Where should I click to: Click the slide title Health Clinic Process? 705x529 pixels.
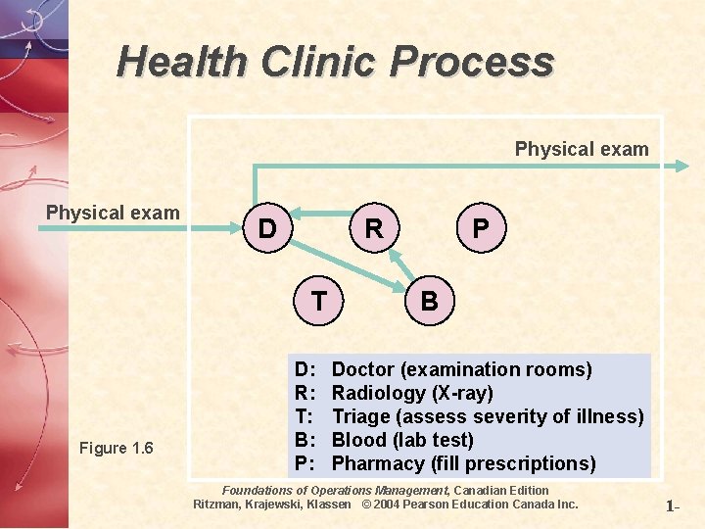pyautogui.click(x=335, y=62)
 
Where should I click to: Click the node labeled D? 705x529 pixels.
pyautogui.click(x=265, y=229)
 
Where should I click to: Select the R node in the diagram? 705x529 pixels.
pyautogui.click(x=373, y=229)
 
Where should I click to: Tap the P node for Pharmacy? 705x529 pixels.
pyautogui.click(x=480, y=229)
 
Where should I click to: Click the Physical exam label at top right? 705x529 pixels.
pyautogui.click(x=582, y=149)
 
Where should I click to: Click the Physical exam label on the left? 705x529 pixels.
pyautogui.click(x=113, y=213)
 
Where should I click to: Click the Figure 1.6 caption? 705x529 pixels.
pyautogui.click(x=117, y=449)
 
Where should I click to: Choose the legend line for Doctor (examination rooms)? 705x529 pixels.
pyautogui.click(x=461, y=369)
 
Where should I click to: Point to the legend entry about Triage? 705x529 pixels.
pyautogui.click(x=488, y=416)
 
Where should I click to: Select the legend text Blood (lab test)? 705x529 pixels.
pyautogui.click(x=402, y=440)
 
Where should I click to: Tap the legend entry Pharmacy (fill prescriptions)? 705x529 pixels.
pyautogui.click(x=463, y=463)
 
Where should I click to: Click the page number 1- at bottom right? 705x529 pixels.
pyautogui.click(x=673, y=507)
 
